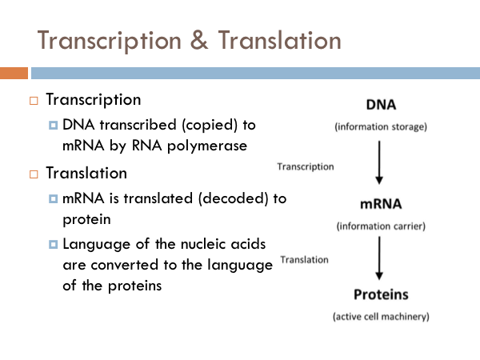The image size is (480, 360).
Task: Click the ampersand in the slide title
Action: click(x=197, y=39)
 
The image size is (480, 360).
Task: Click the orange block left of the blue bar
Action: click(x=14, y=74)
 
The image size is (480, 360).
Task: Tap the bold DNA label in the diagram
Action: click(x=381, y=106)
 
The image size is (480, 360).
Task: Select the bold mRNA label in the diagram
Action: click(x=381, y=204)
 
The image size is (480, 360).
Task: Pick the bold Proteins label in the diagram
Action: click(x=381, y=294)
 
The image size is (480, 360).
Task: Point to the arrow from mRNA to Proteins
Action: click(x=380, y=258)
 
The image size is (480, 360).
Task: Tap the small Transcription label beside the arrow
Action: click(x=305, y=166)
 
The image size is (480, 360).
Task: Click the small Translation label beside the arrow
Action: click(x=304, y=259)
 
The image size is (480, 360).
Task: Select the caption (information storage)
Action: click(x=381, y=126)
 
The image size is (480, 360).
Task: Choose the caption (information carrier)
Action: click(x=381, y=226)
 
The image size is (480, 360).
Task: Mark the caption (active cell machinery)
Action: click(x=381, y=316)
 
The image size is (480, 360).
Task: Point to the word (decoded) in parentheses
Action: click(x=225, y=198)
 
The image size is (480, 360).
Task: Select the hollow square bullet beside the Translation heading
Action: click(x=34, y=173)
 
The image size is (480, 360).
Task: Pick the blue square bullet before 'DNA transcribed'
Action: click(x=53, y=126)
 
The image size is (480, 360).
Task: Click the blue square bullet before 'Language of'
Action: click(x=53, y=243)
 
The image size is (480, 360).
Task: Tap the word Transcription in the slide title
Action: click(x=107, y=39)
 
